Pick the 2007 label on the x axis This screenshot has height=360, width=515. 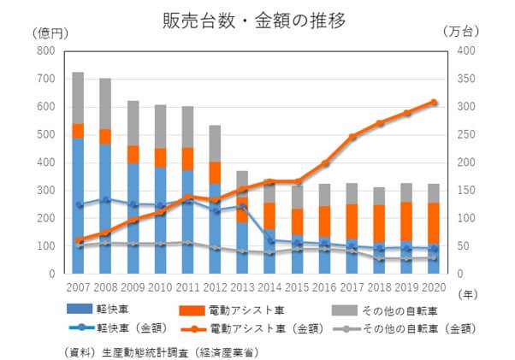pyautogui.click(x=78, y=286)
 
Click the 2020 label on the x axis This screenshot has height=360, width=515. pyautogui.click(x=435, y=286)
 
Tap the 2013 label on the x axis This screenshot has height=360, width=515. pyautogui.click(x=243, y=286)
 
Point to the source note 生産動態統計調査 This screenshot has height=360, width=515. pyautogui.click(x=163, y=349)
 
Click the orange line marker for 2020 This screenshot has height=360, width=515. pyautogui.click(x=435, y=102)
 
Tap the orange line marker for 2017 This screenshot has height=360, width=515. pyautogui.click(x=352, y=137)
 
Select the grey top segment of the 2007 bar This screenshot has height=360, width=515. pyautogui.click(x=78, y=97)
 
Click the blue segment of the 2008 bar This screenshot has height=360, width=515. pyautogui.click(x=105, y=205)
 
